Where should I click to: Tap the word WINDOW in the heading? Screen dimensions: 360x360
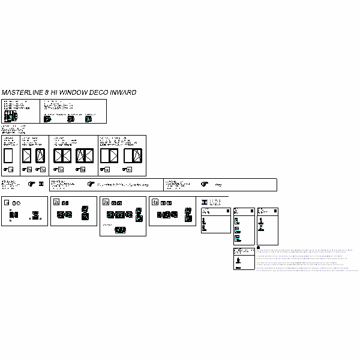[73, 93]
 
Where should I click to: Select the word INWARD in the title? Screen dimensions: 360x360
[122, 93]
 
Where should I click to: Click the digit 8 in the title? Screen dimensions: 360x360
[46, 93]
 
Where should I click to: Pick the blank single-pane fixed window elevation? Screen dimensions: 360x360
[8, 157]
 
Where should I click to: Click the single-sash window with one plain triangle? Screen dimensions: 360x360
[27, 157]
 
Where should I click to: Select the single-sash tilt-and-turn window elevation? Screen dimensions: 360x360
[40, 157]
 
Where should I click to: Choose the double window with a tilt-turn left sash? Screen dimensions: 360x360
[85, 156]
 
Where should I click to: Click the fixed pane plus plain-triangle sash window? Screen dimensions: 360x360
[108, 156]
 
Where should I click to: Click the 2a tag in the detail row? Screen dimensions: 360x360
[56, 202]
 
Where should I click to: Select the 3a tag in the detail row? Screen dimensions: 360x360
[106, 202]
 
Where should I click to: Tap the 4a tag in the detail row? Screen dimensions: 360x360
[155, 202]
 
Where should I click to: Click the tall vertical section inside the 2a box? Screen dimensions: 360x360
[85, 212]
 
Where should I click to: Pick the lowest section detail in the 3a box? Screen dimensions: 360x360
[120, 230]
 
